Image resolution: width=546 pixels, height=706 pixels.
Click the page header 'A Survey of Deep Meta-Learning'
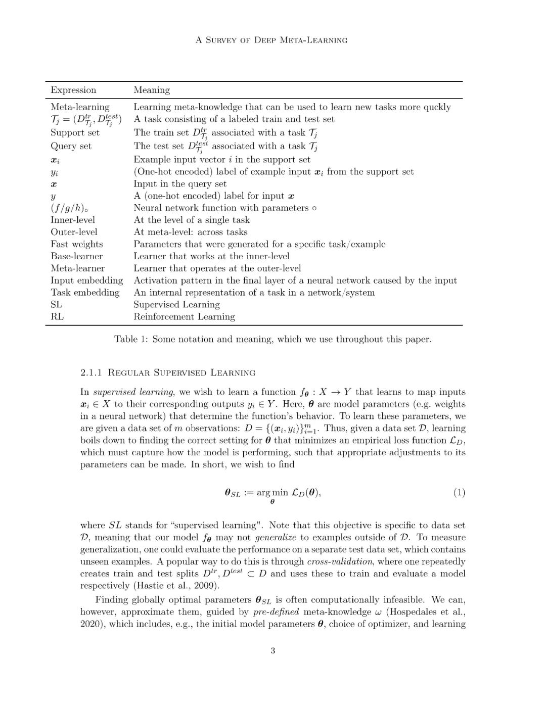coord(271,40)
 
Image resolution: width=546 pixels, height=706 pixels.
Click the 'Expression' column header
coord(73,90)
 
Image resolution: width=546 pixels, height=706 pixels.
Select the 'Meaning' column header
coord(152,90)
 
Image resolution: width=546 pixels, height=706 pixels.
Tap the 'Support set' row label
coord(75,132)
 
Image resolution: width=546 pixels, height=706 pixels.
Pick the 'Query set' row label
coord(71,146)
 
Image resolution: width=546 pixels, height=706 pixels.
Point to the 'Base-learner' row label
coord(76,256)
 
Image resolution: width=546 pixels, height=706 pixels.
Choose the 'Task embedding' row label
coord(85,293)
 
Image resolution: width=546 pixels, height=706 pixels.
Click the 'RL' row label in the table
coord(57,317)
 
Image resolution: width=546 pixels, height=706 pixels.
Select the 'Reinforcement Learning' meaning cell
coord(184,317)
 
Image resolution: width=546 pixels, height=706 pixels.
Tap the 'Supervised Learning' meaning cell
coord(176,305)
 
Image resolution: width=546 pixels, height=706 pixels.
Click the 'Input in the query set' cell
coord(180,184)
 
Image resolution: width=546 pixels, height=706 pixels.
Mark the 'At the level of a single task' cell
coord(192,220)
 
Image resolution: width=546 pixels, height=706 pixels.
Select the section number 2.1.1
coord(91,373)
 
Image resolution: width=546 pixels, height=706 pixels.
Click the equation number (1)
coord(459,492)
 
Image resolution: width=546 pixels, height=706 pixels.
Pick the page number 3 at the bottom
coord(273,650)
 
